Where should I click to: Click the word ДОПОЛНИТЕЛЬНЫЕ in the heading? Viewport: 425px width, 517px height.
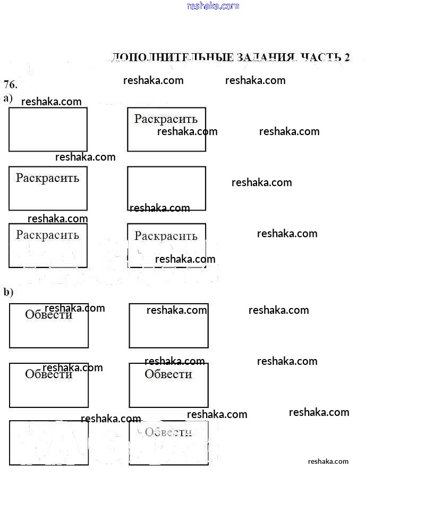click(172, 57)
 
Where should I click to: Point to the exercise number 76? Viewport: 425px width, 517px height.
click(11, 85)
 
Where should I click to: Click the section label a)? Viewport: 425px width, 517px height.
click(8, 98)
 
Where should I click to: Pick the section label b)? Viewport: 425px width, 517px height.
click(8, 292)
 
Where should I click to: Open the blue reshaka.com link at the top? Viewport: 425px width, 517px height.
click(213, 6)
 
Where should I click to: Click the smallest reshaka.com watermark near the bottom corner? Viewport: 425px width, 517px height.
click(328, 461)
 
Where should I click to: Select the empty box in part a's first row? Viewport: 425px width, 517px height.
click(48, 129)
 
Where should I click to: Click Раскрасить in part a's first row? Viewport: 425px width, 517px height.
click(166, 119)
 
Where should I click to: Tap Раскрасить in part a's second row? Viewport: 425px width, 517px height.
click(47, 178)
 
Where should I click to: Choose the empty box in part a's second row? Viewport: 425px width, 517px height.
click(166, 188)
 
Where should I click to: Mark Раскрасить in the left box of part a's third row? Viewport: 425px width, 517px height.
click(47, 235)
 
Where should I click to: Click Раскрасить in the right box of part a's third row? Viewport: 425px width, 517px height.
click(166, 236)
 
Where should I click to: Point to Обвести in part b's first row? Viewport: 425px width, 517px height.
click(48, 315)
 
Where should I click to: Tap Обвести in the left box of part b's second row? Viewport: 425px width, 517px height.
click(48, 374)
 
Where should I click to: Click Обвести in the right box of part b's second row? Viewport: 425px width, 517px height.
click(168, 374)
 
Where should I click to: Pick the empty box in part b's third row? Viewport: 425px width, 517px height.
click(49, 443)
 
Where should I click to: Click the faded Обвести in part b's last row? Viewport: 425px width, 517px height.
click(168, 432)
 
